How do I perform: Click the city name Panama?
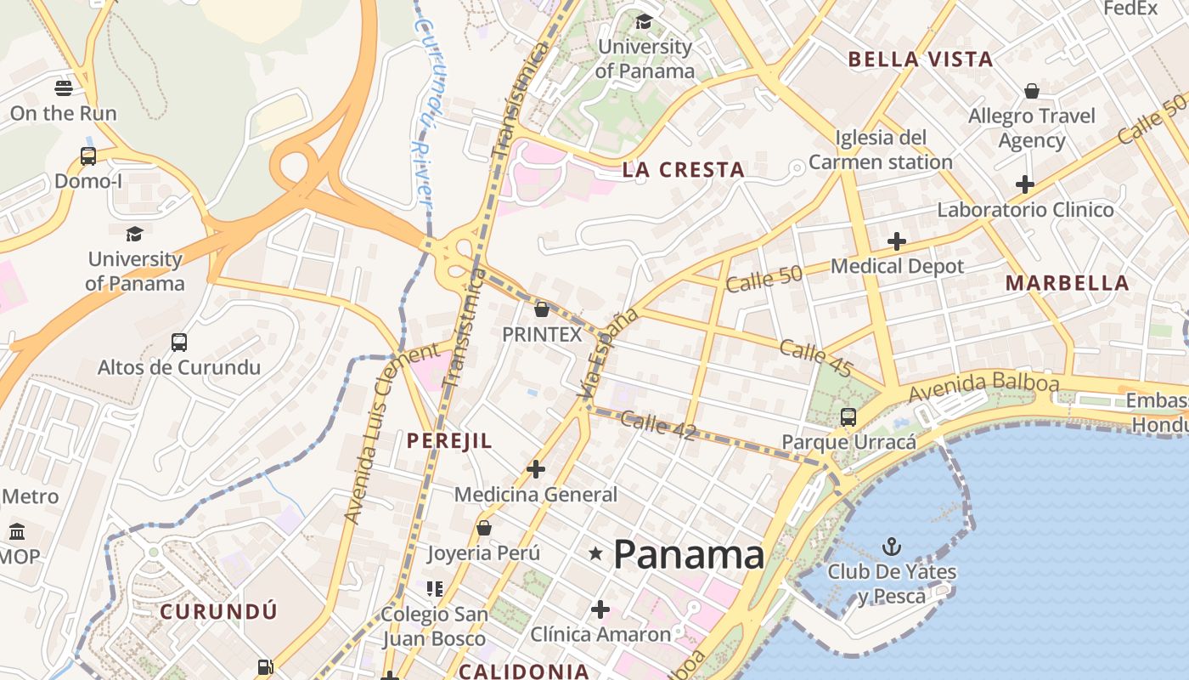click(689, 555)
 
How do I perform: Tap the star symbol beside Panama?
click(596, 554)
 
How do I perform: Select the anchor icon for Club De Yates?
click(891, 546)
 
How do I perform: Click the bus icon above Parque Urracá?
click(848, 416)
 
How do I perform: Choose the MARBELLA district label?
click(1068, 284)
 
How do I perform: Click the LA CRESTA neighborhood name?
click(684, 170)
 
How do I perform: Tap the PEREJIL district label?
click(449, 440)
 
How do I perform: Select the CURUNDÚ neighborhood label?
click(218, 611)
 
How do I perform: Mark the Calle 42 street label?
click(658, 425)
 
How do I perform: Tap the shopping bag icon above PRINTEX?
click(542, 309)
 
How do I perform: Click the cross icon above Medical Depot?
click(897, 241)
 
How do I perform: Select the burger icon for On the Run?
click(63, 88)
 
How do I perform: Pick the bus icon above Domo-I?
click(88, 156)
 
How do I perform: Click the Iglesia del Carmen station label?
click(881, 150)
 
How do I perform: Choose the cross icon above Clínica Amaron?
click(600, 609)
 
